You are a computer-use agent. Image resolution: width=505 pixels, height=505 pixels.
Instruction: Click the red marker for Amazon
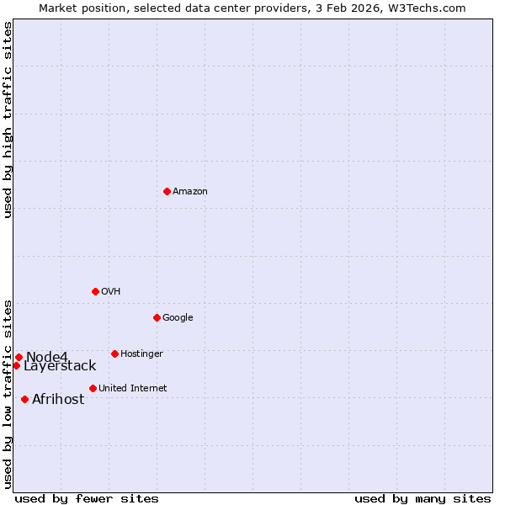[167, 191]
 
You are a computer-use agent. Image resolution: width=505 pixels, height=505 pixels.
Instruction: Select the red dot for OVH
[95, 291]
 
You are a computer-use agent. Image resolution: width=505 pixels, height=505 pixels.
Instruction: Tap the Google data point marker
[157, 317]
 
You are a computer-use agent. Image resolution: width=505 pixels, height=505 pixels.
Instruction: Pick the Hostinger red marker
[114, 353]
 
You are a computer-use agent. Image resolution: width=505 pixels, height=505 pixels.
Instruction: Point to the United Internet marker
[93, 388]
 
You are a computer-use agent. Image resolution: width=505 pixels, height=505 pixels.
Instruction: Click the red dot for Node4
[19, 357]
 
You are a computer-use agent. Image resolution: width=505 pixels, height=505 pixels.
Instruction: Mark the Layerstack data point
[16, 365]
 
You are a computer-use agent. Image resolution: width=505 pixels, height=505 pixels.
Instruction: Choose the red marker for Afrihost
[24, 399]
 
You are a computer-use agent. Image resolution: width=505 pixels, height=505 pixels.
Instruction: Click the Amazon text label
[190, 192]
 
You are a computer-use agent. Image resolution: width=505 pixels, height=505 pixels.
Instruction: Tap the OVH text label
[111, 292]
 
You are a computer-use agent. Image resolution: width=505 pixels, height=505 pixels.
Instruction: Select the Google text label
[178, 318]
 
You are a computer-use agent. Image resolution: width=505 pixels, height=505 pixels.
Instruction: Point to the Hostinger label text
[141, 354]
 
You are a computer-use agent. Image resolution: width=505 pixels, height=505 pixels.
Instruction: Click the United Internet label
[132, 389]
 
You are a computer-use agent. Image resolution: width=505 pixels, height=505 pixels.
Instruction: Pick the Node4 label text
[47, 357]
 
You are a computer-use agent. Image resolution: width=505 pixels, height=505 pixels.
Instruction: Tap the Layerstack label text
[60, 366]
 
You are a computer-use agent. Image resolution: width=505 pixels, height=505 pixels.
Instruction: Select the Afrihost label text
[58, 400]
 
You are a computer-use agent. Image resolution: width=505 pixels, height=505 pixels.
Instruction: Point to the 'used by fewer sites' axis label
[87, 498]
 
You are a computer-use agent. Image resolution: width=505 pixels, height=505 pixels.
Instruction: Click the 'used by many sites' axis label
[423, 498]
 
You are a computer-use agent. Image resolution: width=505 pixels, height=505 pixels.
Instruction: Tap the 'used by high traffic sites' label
[8, 120]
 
